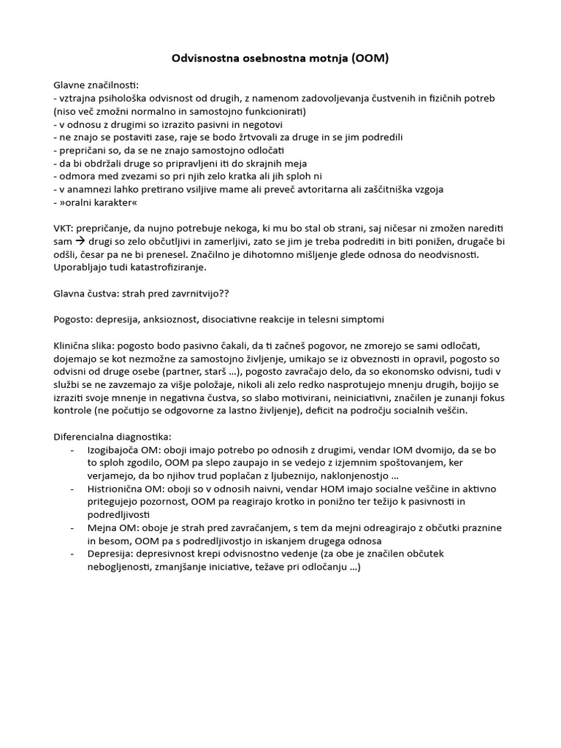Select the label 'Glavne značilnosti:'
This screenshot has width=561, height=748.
click(x=96, y=85)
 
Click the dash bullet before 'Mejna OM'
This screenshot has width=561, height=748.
click(x=72, y=528)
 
